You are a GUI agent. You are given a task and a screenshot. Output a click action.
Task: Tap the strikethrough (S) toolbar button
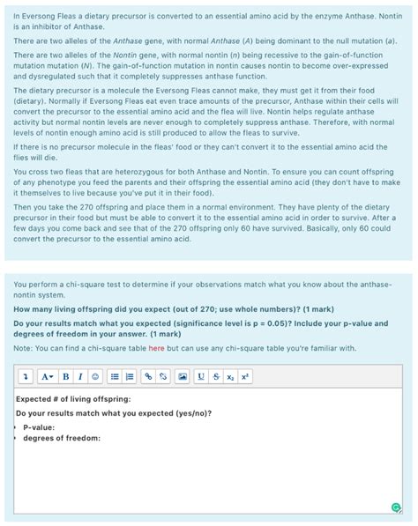click(216, 376)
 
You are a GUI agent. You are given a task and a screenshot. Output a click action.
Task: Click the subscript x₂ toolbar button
click(229, 376)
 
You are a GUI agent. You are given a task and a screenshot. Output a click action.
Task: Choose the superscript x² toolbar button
click(244, 376)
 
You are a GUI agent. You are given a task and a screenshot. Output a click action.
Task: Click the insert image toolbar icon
click(183, 376)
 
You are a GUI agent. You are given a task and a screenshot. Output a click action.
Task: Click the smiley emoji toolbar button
click(95, 376)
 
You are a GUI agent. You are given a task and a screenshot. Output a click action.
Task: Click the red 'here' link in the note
click(156, 348)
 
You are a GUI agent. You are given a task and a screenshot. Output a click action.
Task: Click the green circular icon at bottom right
click(396, 507)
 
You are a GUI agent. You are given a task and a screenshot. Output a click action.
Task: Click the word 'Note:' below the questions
click(24, 348)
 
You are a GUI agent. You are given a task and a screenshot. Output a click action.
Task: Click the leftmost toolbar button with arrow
click(27, 376)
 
